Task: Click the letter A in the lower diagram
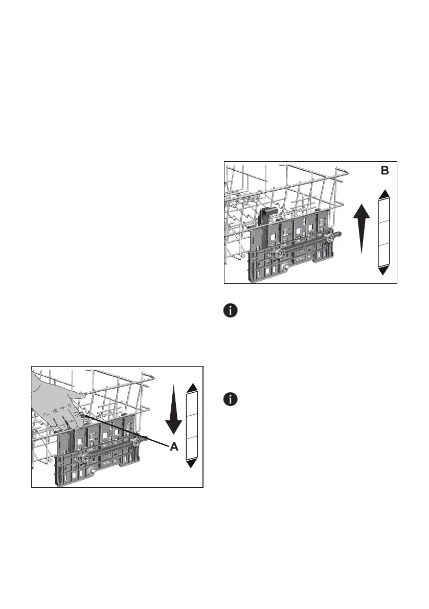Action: click(174, 446)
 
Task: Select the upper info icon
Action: click(231, 310)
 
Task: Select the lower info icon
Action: click(231, 399)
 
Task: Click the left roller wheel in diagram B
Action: click(279, 254)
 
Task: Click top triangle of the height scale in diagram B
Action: click(385, 193)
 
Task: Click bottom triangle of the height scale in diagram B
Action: click(385, 271)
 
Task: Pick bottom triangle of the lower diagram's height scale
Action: click(192, 463)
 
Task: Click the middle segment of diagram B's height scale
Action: click(385, 233)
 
